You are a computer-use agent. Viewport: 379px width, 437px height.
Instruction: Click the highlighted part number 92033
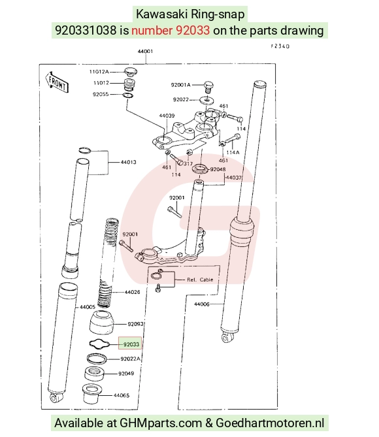(131, 344)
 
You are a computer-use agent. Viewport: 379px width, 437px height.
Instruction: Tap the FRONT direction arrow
(57, 82)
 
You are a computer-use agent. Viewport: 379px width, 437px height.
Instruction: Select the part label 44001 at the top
(145, 52)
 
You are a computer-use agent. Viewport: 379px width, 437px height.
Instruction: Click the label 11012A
(99, 72)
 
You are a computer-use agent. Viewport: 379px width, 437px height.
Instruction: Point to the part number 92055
(101, 95)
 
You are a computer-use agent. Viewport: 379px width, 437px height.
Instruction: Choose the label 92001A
(181, 85)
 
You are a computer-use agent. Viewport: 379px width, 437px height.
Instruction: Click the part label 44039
(167, 116)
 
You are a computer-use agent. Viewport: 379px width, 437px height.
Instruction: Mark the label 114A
(233, 152)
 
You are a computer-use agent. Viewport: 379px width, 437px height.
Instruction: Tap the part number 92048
(218, 169)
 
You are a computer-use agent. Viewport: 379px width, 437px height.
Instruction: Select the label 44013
(128, 162)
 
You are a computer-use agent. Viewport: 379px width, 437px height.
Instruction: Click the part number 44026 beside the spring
(132, 292)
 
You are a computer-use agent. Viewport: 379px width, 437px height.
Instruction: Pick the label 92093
(135, 324)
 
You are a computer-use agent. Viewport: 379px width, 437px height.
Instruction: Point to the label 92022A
(130, 359)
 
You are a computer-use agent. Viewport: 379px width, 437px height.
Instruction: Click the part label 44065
(122, 395)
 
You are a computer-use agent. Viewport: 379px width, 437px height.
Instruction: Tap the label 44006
(202, 304)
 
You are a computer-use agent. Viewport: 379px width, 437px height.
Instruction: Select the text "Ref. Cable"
(200, 280)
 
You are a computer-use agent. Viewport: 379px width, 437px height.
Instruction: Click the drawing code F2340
(280, 46)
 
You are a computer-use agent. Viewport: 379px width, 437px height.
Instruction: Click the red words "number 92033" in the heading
(171, 30)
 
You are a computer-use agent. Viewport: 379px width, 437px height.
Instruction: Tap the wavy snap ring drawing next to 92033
(100, 344)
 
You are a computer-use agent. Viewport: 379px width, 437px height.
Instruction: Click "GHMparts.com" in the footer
(161, 423)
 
